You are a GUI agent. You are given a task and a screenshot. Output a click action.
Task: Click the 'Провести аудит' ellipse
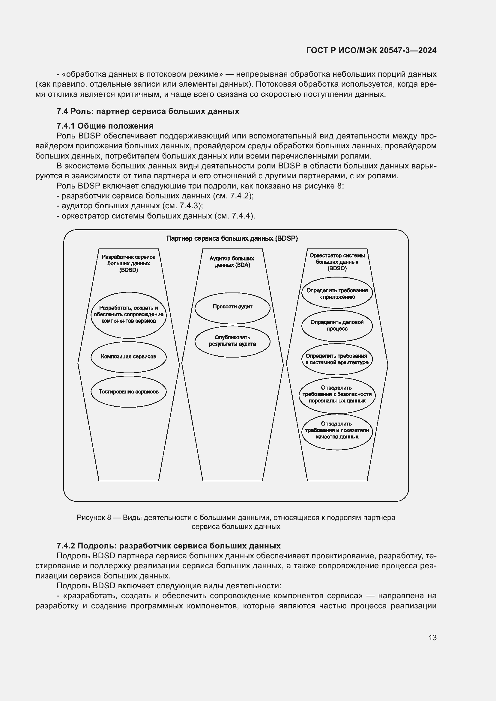click(x=232, y=307)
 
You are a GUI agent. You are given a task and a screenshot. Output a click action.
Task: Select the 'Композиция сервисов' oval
click(x=129, y=357)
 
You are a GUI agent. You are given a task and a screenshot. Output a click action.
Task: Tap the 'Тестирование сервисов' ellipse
click(x=129, y=392)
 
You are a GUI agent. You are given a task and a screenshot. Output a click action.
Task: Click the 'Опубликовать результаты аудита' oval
click(x=232, y=341)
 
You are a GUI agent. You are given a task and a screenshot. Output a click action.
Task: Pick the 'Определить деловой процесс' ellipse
click(x=337, y=325)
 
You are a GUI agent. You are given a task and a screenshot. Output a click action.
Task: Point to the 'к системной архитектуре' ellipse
click(x=337, y=359)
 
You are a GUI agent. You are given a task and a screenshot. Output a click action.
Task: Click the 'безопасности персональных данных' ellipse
click(x=337, y=394)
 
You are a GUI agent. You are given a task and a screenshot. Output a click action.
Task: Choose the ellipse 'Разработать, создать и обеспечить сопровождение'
click(x=129, y=314)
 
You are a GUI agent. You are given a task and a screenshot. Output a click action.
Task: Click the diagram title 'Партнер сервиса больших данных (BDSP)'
click(x=232, y=239)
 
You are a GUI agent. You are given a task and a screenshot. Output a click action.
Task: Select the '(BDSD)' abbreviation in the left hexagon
click(x=129, y=270)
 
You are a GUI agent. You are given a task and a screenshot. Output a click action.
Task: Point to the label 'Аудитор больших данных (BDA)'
click(x=232, y=262)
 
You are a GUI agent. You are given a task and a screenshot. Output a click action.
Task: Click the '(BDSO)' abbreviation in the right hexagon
click(x=337, y=268)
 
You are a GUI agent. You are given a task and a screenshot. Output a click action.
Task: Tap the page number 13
click(x=432, y=638)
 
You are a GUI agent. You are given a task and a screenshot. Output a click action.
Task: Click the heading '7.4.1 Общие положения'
click(x=105, y=126)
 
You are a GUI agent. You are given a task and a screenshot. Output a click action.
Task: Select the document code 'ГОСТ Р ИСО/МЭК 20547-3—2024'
click(x=371, y=51)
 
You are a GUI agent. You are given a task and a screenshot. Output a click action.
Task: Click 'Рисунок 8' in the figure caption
click(x=94, y=518)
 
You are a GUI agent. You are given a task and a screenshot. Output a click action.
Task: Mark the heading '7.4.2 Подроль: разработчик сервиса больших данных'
click(x=168, y=545)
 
